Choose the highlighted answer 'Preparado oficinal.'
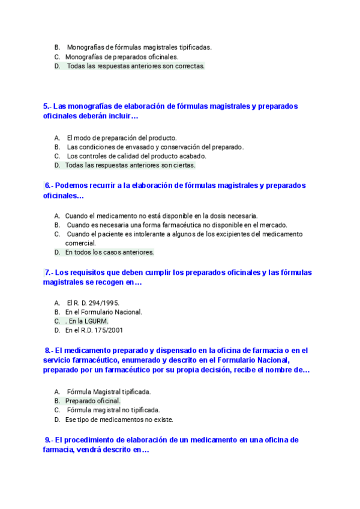(92, 401)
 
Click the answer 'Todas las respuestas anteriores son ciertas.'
(130, 165)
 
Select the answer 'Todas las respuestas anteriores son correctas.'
(136, 66)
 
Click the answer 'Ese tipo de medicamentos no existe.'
(119, 420)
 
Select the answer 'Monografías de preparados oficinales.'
(122, 57)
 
